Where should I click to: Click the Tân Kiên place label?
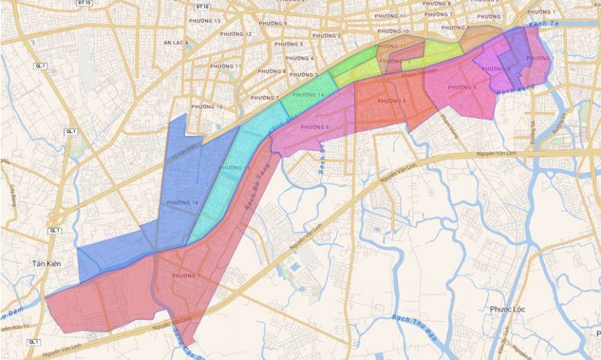[47, 265]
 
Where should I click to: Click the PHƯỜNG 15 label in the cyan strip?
[235, 168]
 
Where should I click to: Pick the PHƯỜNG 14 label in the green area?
[311, 95]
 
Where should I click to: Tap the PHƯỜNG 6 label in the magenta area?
[315, 127]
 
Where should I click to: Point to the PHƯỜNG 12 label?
[237, 34]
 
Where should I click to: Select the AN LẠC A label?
[176, 44]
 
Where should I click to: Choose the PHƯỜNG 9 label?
[274, 23]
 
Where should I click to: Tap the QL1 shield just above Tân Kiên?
[54, 231]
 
